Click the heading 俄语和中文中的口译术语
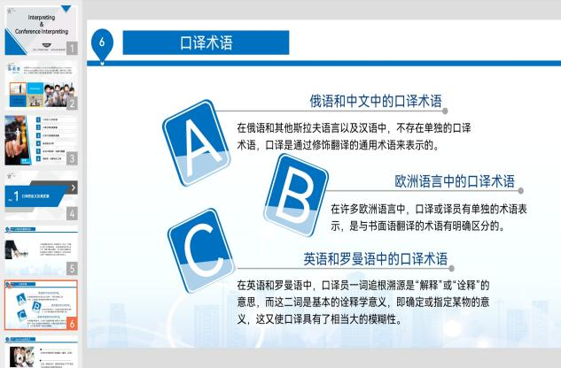click(376, 101)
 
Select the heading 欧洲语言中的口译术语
click(455, 181)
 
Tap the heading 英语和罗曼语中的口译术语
click(376, 259)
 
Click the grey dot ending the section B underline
click(520, 191)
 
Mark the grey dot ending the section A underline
click(446, 111)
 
